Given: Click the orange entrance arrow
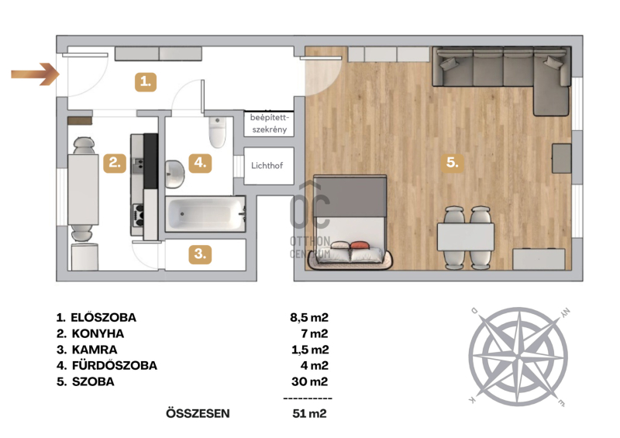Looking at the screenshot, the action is pos(35,74).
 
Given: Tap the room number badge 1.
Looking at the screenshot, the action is pos(146,82).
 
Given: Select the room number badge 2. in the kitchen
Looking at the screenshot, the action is pos(115,163).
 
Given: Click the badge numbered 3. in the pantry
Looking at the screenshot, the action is pos(200,253).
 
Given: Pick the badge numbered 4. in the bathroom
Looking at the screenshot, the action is pos(200,163).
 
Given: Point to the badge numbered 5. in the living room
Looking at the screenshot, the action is pos(453,162).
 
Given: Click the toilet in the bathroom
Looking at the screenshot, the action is pos(217,132).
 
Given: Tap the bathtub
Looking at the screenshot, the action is pos(205,214).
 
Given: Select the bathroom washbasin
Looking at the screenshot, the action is pos(174,174).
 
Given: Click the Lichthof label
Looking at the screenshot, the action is pos(267,165).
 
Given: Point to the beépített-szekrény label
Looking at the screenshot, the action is pos(269,123).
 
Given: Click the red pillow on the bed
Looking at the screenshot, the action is pos(359,245).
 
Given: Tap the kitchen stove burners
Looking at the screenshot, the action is pos(138,215).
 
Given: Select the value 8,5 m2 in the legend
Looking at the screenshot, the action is pos(309,317).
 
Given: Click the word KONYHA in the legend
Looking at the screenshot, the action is pos(98,333).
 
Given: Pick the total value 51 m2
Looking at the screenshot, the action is pos(309,413).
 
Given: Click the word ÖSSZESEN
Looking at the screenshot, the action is pos(198,413).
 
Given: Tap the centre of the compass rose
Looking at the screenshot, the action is pos(518,357).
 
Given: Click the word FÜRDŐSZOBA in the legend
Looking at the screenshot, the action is pos(114,365).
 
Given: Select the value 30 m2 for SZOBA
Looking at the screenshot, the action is pos(310,381).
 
